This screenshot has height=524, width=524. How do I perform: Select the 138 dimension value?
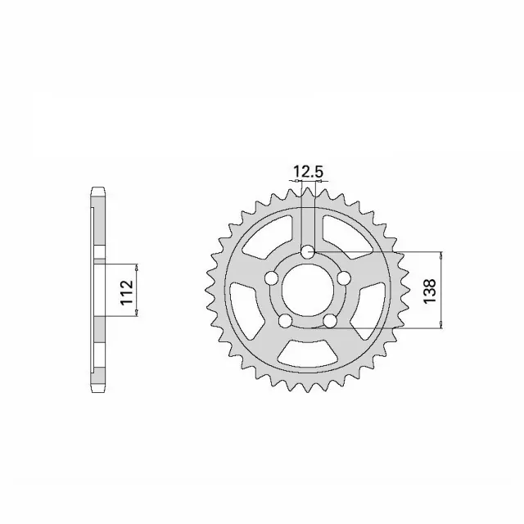[431, 290]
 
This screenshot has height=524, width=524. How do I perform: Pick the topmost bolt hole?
[307, 252]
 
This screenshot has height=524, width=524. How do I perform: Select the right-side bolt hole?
[344, 278]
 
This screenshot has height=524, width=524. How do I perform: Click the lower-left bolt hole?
[285, 321]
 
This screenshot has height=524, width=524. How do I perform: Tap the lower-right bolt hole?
[330, 321]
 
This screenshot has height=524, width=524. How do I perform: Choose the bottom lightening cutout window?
[307, 353]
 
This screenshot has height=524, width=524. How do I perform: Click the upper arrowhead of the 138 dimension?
[443, 255]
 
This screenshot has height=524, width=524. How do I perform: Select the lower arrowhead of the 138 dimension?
[443, 325]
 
